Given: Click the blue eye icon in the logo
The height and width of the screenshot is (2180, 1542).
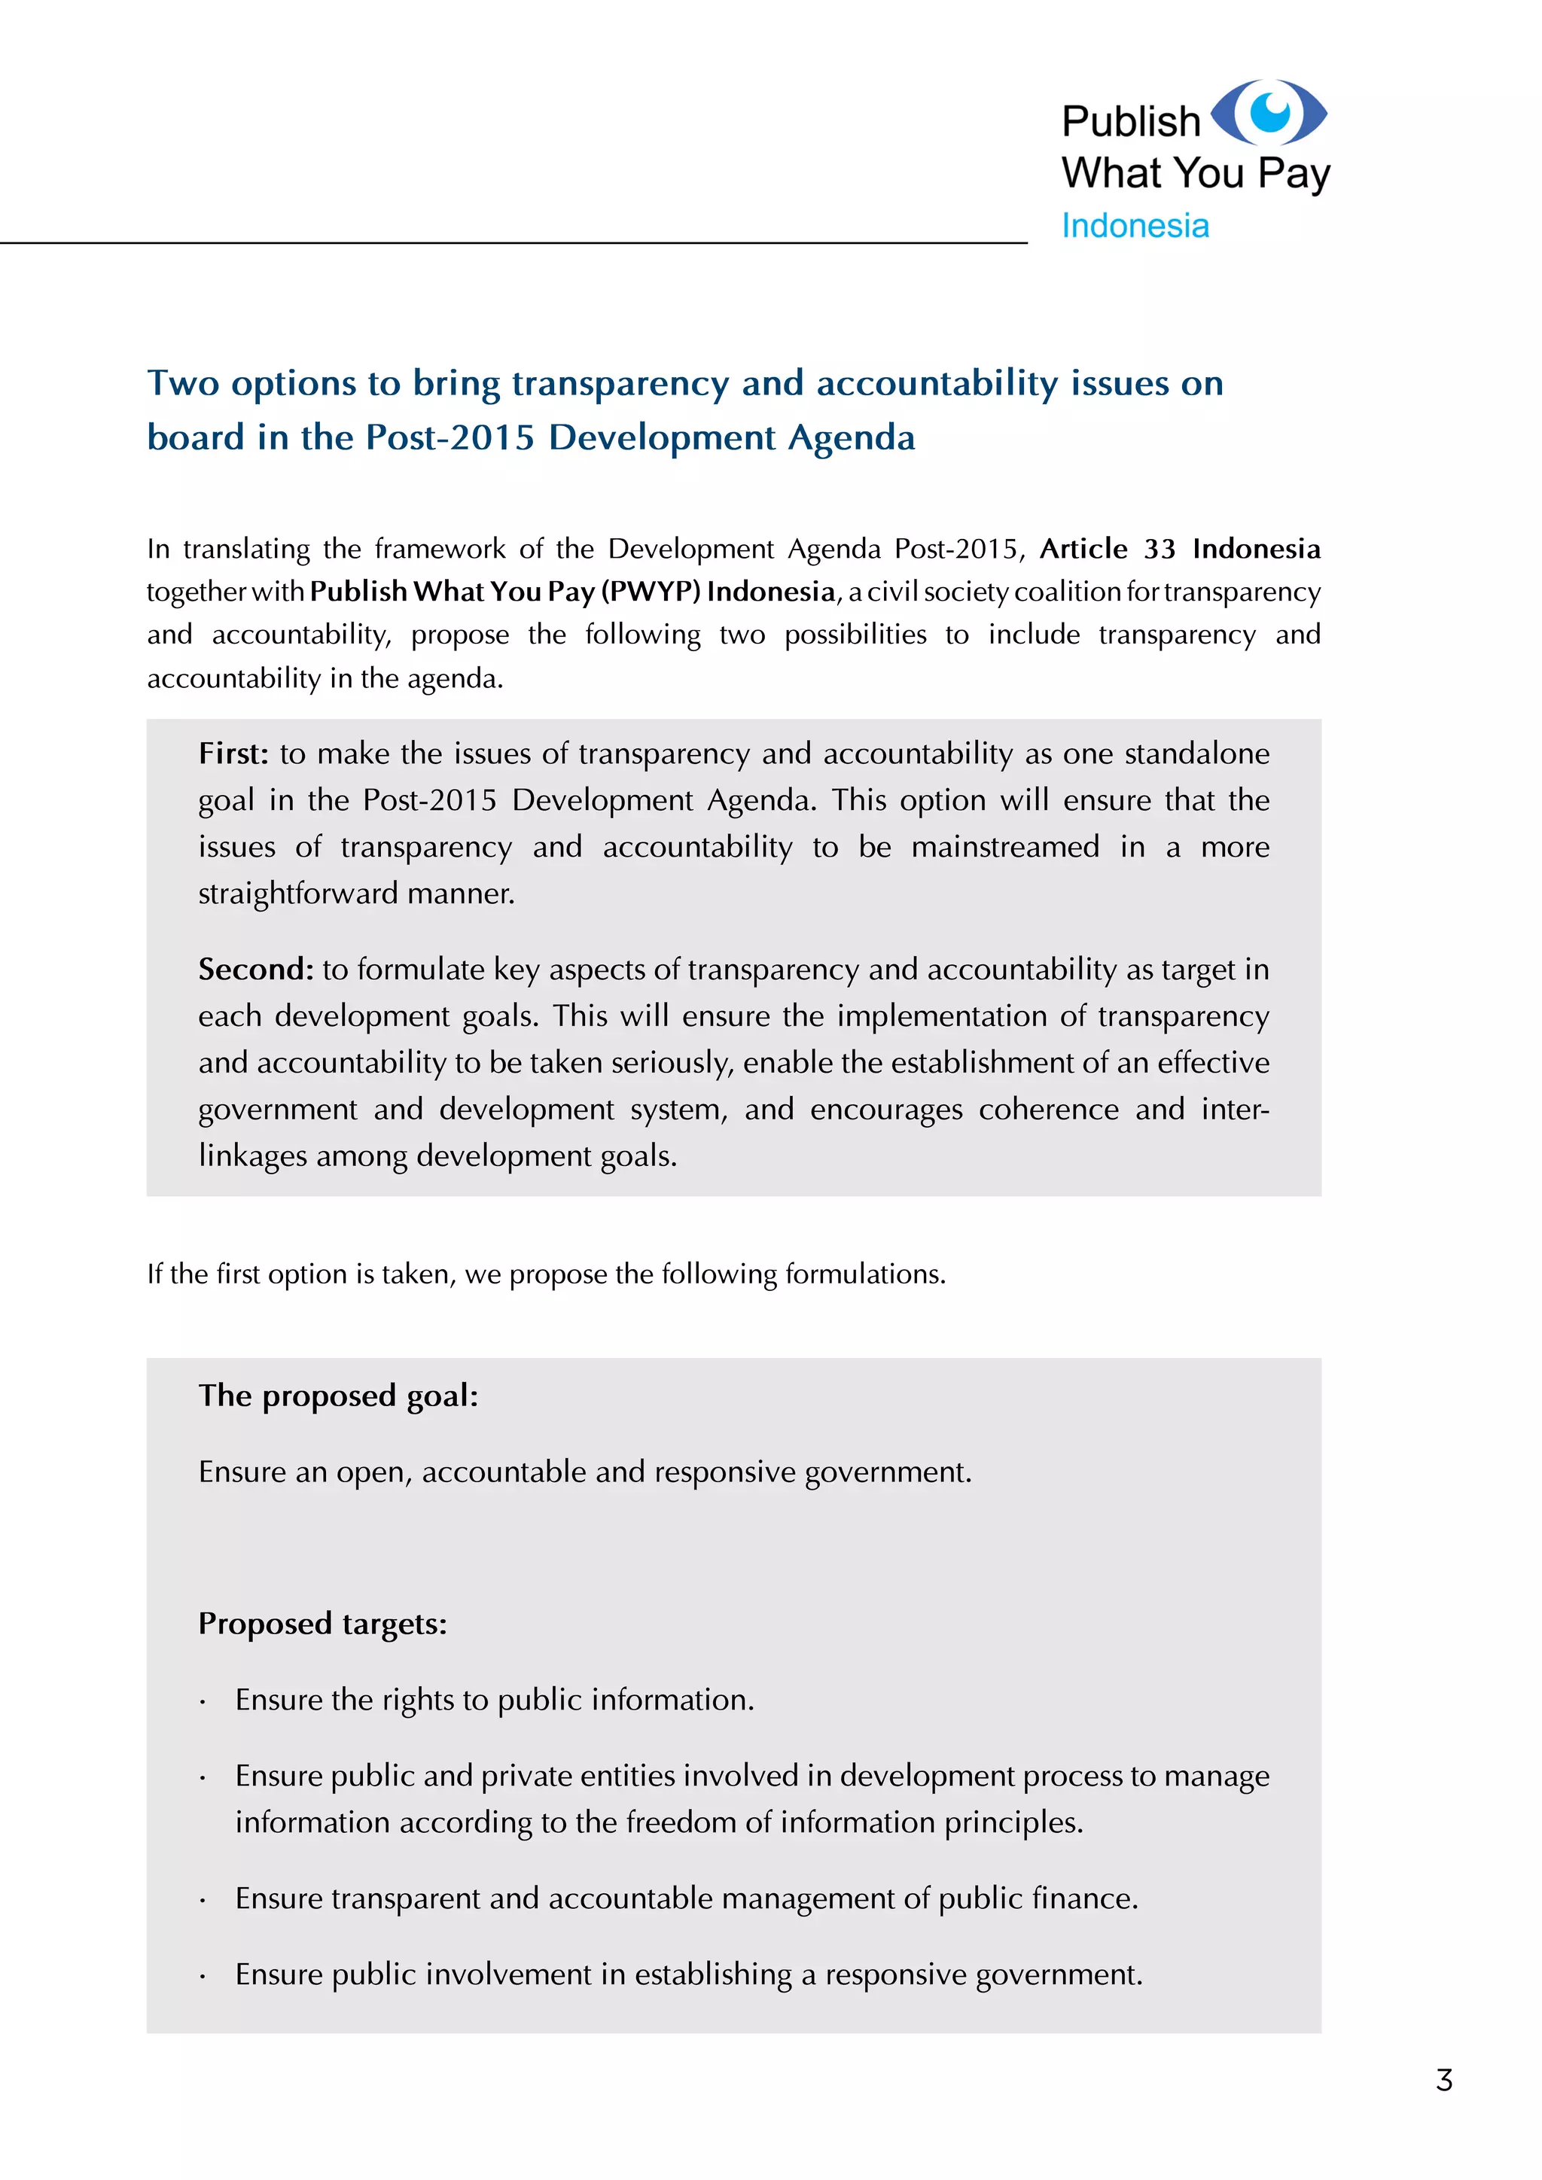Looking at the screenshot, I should pyautogui.click(x=1269, y=112).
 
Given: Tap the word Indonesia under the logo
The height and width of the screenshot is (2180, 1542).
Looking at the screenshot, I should pyautogui.click(x=1135, y=226).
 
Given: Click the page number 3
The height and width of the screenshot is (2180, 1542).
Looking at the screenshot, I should pyautogui.click(x=1443, y=2081).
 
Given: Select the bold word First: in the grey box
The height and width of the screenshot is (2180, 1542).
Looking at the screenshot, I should pyautogui.click(x=233, y=753).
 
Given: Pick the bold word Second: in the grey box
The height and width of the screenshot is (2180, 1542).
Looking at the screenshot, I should pyautogui.click(x=255, y=969).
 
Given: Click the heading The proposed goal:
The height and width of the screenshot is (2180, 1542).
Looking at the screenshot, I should pyautogui.click(x=338, y=1395).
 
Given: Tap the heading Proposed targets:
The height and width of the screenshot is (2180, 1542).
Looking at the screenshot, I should pyautogui.click(x=322, y=1623).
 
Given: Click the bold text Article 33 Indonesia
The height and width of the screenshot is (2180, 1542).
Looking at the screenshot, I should pyautogui.click(x=1179, y=549).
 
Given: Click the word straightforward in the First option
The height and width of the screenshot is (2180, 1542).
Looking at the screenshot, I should pyautogui.click(x=298, y=894).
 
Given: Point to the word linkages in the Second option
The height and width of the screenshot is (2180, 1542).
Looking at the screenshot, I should pyautogui.click(x=252, y=1155).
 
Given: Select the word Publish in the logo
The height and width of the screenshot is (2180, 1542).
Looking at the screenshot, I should pyautogui.click(x=1131, y=121).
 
